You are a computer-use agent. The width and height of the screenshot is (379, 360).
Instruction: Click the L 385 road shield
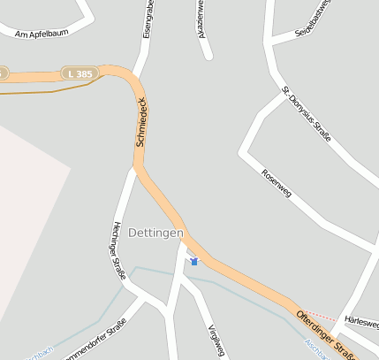tap(79, 74)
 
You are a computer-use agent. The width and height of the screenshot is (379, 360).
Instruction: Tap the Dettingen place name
tap(155, 233)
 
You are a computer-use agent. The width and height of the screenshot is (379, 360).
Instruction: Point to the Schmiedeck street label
tap(141, 122)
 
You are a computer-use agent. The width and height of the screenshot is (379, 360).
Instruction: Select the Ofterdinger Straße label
tap(329, 333)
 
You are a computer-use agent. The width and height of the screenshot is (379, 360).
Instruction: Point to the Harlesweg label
tap(361, 319)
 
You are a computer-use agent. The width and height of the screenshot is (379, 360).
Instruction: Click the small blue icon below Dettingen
tap(194, 261)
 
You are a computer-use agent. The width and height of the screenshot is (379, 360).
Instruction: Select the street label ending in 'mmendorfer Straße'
tap(98, 339)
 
